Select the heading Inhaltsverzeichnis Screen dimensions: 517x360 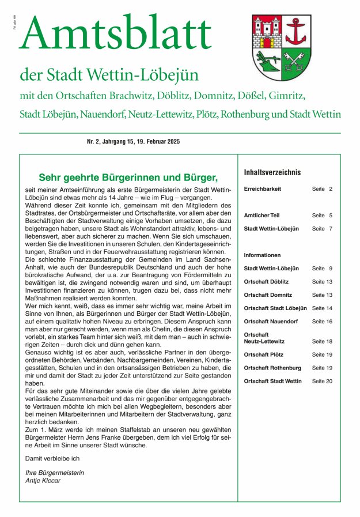[272, 172]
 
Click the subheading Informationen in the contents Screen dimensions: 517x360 [262, 255]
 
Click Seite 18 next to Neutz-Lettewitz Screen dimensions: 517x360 [322, 341]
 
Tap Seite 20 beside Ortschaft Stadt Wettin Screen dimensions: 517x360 [322, 381]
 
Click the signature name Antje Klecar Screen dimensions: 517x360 [43, 481]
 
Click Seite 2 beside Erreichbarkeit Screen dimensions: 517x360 [322, 189]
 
